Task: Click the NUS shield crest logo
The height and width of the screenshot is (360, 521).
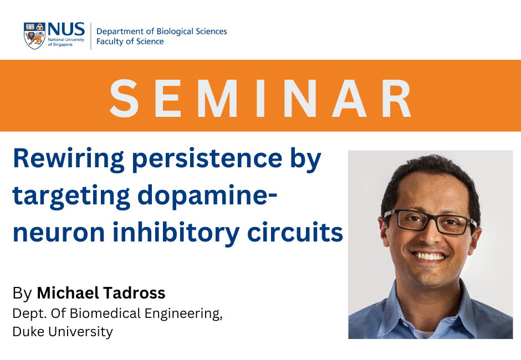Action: pyautogui.click(x=34, y=36)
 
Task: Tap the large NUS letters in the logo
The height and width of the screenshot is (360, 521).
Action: pyautogui.click(x=66, y=29)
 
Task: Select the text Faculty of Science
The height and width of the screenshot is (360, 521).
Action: pyautogui.click(x=130, y=42)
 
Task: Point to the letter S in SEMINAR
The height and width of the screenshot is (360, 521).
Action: pyautogui.click(x=124, y=99)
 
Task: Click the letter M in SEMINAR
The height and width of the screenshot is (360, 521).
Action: pyautogui.click(x=218, y=99)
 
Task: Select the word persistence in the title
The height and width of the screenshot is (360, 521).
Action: pyautogui.click(x=207, y=159)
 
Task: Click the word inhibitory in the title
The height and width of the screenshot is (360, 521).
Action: pyautogui.click(x=176, y=233)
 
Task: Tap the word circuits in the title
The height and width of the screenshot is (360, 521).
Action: pyautogui.click(x=295, y=232)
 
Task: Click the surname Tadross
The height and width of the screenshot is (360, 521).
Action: pyautogui.click(x=134, y=293)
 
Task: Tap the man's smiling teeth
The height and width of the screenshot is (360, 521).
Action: pyautogui.click(x=428, y=256)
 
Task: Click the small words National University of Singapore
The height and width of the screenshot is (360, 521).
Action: pyautogui.click(x=66, y=42)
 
